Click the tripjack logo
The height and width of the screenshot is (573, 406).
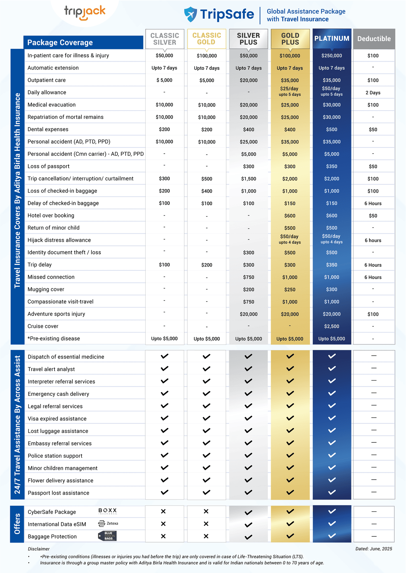point(85,13)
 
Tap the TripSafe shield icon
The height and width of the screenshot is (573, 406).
point(190,14)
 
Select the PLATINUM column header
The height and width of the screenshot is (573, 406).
point(332,38)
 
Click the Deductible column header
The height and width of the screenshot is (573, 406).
point(374,39)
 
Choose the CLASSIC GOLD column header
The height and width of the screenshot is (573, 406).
point(207,39)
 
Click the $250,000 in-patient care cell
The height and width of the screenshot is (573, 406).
point(332,56)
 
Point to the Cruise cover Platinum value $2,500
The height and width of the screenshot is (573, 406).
point(332,326)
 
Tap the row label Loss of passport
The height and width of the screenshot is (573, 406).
point(48,166)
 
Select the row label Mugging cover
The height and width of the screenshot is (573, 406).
point(46,289)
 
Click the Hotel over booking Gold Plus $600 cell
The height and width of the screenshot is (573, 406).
point(290,216)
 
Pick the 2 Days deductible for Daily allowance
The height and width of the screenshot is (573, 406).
point(373,93)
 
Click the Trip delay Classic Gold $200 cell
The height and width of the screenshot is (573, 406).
point(207,265)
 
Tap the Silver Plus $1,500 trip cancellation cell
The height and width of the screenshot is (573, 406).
point(249,179)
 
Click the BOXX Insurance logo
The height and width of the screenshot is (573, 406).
point(108,511)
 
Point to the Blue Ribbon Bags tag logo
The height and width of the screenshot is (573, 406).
point(107,536)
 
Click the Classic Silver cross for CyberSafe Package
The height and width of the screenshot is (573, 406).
point(163,511)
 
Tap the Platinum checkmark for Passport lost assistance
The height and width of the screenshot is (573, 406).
point(332,492)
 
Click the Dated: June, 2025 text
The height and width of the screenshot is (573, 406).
point(374,549)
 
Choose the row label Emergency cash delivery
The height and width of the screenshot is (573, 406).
point(58,394)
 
